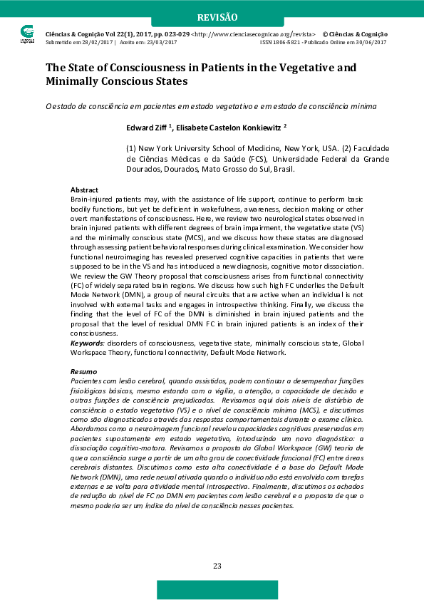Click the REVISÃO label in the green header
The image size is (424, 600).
217,16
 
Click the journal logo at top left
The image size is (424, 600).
27,33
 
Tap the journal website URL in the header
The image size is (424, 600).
254,34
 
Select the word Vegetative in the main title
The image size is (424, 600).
301,68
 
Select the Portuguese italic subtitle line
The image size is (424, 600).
211,106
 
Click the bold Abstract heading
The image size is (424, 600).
84,190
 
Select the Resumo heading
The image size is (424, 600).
83,372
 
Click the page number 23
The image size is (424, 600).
217,565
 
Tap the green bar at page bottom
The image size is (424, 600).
217,589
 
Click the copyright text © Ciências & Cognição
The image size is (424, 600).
355,34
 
